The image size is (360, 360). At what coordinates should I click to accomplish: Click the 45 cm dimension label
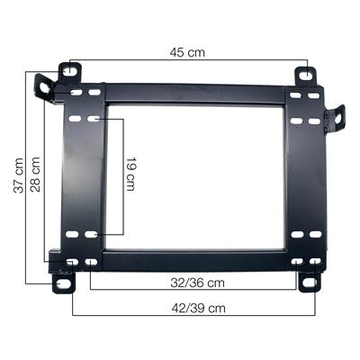(x=187, y=52)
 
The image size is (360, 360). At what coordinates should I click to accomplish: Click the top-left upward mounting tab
(x=69, y=70)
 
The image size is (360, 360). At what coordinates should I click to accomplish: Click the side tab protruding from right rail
(x=337, y=117)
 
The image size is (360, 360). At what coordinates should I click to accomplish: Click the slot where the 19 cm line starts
(x=94, y=119)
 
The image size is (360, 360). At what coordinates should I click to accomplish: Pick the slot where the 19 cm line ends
(x=94, y=235)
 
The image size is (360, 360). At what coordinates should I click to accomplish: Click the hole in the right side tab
(x=339, y=114)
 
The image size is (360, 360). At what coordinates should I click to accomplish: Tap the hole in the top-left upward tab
(x=69, y=68)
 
